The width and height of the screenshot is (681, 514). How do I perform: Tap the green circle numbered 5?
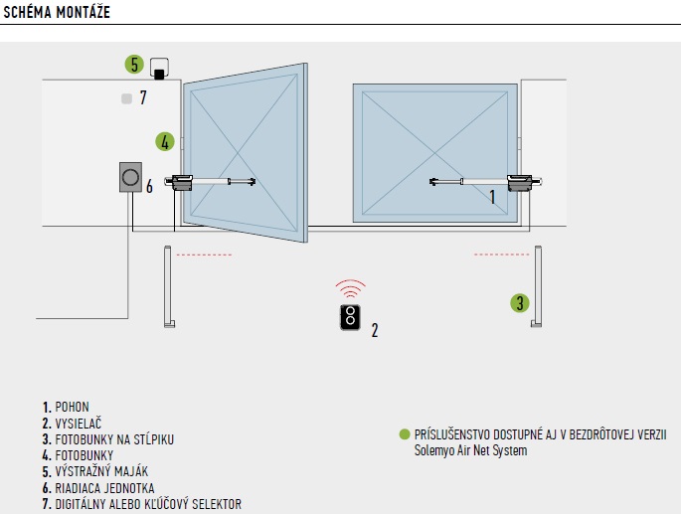pyautogui.click(x=134, y=65)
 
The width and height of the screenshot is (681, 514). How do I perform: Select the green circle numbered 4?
pyautogui.click(x=164, y=142)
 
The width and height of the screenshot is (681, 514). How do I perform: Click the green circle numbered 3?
pyautogui.click(x=519, y=302)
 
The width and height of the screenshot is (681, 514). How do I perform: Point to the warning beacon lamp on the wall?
pyautogui.click(x=159, y=70)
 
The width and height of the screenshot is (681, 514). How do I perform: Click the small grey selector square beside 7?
pyautogui.click(x=125, y=98)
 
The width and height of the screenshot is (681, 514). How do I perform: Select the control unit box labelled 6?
pyautogui.click(x=130, y=179)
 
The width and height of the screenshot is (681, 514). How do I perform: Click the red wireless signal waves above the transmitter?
pyautogui.click(x=348, y=290)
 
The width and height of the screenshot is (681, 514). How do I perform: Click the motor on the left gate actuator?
pyautogui.click(x=182, y=182)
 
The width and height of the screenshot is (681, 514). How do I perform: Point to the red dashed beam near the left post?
pyautogui.click(x=204, y=255)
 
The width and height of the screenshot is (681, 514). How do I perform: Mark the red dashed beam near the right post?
pyautogui.click(x=501, y=255)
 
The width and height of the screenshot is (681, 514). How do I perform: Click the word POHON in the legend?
pyautogui.click(x=73, y=408)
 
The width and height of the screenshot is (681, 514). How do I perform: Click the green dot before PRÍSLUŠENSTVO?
pyautogui.click(x=404, y=434)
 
